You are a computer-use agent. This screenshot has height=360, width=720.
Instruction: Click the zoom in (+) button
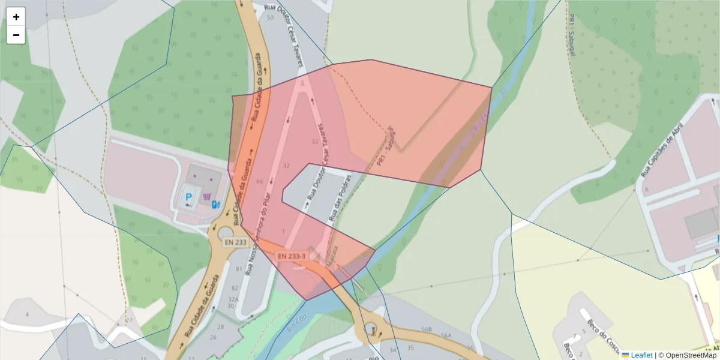(16, 17)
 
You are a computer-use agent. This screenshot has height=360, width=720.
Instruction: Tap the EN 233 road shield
(236, 242)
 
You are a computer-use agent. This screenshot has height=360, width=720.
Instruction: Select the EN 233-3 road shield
(292, 256)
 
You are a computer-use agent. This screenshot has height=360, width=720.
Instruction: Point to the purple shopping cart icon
(206, 196)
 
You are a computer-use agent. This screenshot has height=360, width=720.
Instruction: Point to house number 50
(270, 17)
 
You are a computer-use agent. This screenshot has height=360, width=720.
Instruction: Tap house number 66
(259, 181)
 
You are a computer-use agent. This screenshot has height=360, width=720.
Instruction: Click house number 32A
(233, 299)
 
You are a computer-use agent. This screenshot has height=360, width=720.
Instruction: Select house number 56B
(427, 329)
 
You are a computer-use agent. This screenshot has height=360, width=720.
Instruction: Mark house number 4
(26, 315)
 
